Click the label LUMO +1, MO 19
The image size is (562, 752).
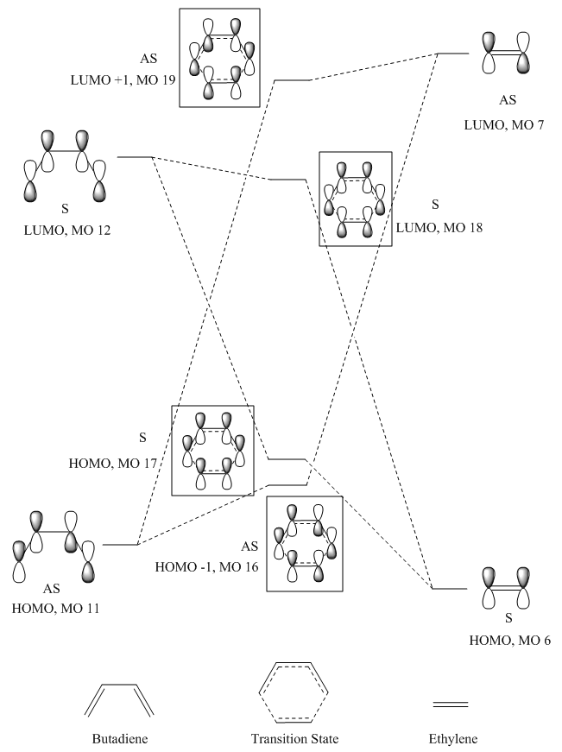point(123,79)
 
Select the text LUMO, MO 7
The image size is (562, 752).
point(504,125)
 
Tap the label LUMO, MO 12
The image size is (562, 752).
point(67,231)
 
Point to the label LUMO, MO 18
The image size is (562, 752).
point(439,227)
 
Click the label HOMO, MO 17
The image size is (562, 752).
point(113,464)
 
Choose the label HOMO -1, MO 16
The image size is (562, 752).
point(206,567)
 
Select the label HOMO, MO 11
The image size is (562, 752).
point(55,609)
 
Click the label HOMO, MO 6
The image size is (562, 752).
point(509,641)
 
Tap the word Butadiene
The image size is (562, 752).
point(120,739)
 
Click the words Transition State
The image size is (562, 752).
point(294,739)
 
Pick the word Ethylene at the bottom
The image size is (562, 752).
point(452,739)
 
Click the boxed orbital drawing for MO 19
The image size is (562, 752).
point(219,58)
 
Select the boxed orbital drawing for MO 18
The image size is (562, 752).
point(356,199)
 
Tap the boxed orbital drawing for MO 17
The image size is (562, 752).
point(213,451)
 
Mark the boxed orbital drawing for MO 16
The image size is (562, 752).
point(305,543)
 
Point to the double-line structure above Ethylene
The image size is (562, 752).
point(451,705)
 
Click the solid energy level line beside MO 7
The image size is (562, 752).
point(453,54)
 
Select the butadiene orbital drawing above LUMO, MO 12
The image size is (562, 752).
point(65,166)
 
